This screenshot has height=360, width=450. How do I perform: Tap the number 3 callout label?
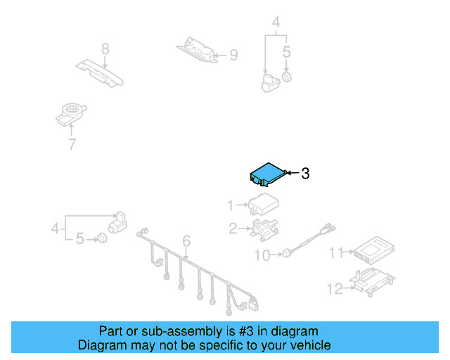[x=305, y=173]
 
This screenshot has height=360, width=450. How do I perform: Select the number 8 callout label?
[x=105, y=49]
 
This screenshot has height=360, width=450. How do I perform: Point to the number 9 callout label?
[x=233, y=54]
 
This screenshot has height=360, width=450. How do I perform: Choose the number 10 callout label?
[x=262, y=256]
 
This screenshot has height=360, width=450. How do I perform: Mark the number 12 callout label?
[x=335, y=287]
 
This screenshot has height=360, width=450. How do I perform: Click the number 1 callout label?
[x=231, y=205]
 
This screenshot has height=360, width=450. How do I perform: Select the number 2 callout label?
[x=232, y=227]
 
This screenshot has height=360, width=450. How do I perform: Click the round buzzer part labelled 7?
[x=71, y=112]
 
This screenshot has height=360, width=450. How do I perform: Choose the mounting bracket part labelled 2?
[x=263, y=229]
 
